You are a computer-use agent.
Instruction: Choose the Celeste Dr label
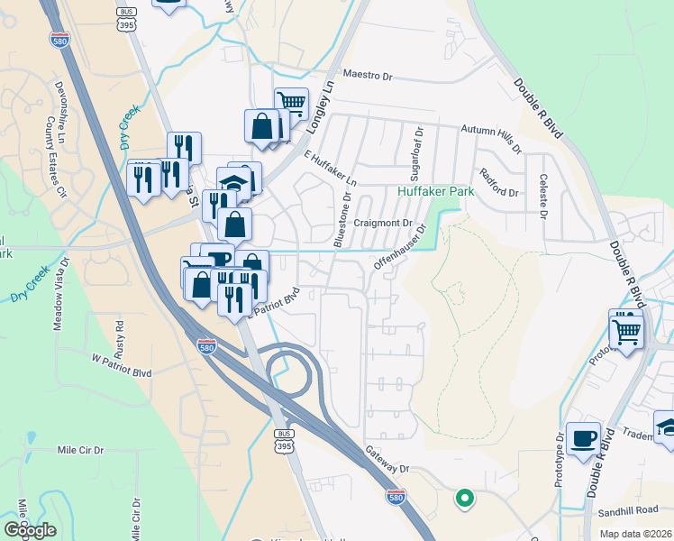(543, 197)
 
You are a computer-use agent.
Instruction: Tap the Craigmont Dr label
(383, 223)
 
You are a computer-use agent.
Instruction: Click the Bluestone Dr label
(342, 219)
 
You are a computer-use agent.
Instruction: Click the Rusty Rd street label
(119, 339)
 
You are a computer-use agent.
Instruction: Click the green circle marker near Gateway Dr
(465, 497)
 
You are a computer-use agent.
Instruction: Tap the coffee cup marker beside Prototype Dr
(583, 438)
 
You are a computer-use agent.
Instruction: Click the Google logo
(30, 530)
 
